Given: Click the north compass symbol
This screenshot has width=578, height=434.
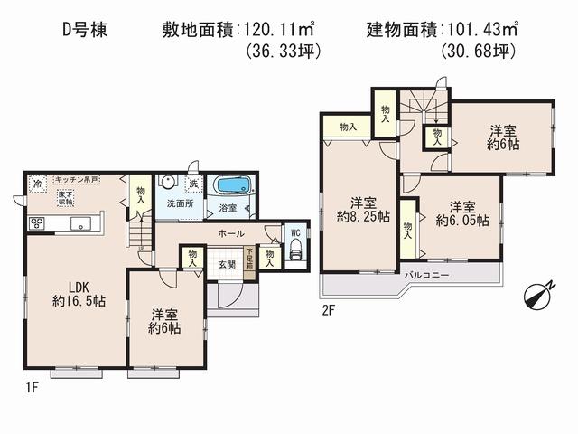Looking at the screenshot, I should tap(539, 295).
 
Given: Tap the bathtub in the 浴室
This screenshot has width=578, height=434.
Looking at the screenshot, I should tap(234, 186).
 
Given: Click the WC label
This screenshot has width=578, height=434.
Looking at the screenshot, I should tap(293, 230).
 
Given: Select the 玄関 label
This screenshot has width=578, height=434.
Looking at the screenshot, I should tap(227, 265).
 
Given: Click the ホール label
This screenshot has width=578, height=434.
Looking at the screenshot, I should tap(228, 232).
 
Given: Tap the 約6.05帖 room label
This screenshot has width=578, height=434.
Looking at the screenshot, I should tap(461, 212).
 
